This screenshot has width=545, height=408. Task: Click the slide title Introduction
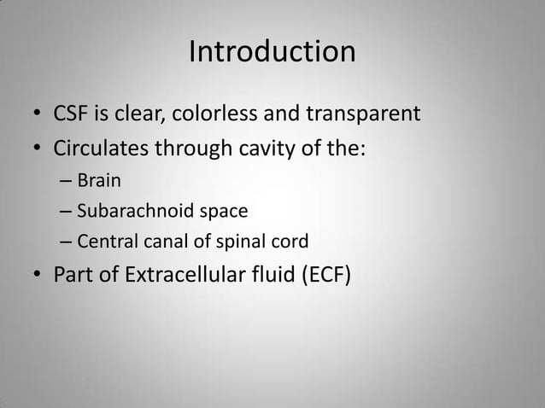272,52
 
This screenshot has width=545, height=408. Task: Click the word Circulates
101,149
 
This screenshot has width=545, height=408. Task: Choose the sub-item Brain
99,181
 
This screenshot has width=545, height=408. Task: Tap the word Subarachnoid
130,211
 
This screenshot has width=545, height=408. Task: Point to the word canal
165,241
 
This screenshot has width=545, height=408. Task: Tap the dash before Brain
67,182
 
